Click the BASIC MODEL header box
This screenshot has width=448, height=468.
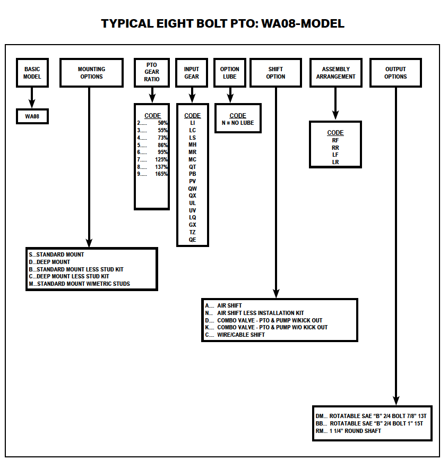pos(32,73)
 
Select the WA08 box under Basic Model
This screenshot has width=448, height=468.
pos(32,116)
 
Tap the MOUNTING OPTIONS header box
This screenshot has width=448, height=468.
pos(91,73)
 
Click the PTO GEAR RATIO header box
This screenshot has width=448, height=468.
pos(152,72)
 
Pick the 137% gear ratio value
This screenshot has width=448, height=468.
pos(161,167)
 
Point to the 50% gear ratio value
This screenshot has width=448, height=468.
pos(162,123)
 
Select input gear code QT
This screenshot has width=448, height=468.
pos(192,167)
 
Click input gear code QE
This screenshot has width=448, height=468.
pos(192,240)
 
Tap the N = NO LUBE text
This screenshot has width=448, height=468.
pos(238,123)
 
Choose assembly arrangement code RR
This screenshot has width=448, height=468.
pos(335,148)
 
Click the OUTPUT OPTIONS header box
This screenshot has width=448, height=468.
pos(395,73)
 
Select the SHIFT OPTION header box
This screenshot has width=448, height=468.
pos(275,73)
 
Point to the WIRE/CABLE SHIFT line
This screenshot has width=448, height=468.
pos(240,335)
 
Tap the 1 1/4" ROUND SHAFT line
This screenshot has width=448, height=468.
pos(355,431)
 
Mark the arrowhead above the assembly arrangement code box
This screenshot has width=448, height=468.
pos(335,115)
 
